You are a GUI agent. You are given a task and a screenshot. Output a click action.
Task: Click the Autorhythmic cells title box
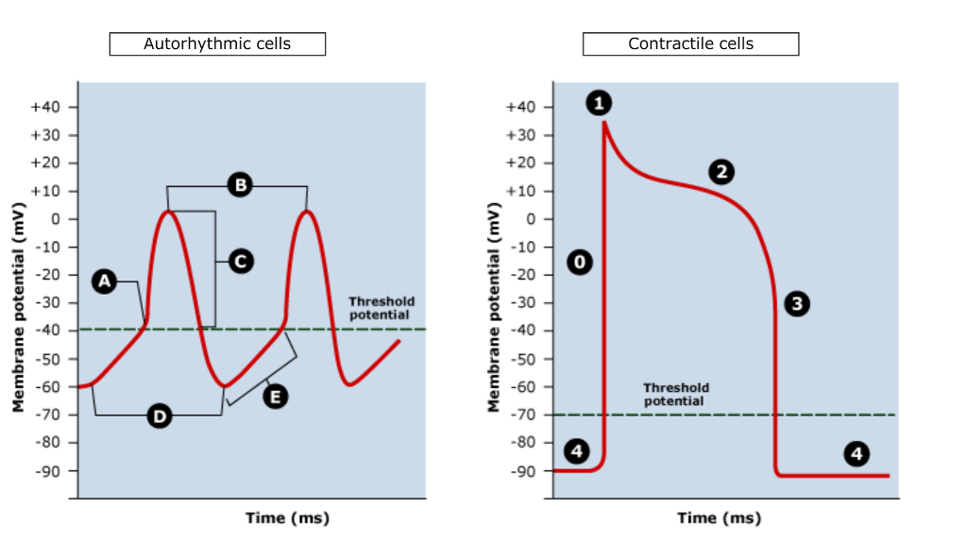point(217,44)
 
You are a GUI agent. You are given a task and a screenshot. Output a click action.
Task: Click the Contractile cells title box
point(690,44)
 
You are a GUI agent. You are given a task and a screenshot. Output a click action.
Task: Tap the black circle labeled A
point(105,280)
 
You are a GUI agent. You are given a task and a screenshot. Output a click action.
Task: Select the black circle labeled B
point(240,185)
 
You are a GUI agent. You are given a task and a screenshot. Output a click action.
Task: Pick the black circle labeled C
point(241,261)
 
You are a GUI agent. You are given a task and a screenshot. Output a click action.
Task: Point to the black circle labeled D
point(160,416)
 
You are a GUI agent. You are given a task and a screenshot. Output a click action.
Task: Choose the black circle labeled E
point(275,397)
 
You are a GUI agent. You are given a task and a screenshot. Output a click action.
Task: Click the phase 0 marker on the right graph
point(580,262)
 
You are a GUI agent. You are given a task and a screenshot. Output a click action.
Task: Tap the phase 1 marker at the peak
point(599,103)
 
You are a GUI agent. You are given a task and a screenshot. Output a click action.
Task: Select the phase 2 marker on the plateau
point(721,171)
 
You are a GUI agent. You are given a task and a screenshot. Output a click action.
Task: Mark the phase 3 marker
point(798,304)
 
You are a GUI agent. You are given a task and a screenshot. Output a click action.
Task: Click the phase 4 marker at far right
point(857,453)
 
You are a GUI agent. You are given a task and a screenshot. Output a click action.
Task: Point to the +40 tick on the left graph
point(45,108)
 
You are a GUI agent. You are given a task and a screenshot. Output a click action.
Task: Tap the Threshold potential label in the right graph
point(675,394)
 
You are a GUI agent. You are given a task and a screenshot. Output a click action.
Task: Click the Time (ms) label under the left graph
point(287,518)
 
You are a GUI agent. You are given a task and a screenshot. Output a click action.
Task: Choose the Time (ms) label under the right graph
point(719,518)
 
